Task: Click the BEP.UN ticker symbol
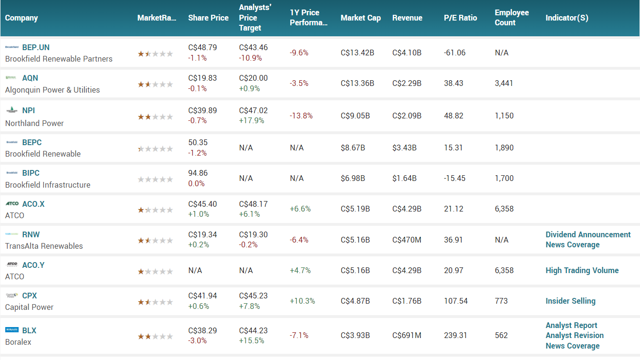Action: (x=36, y=47)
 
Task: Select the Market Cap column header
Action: (x=360, y=18)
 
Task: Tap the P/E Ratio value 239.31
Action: (x=455, y=335)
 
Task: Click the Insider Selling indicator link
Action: (x=570, y=301)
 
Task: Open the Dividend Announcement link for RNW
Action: (x=588, y=234)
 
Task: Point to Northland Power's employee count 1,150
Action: (x=504, y=116)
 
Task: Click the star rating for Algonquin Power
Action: (x=155, y=85)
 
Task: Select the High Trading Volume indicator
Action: (x=582, y=270)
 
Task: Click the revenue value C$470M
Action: (x=407, y=240)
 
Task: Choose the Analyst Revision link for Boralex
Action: (x=575, y=335)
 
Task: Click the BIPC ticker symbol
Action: (x=31, y=173)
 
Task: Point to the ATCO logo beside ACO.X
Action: (x=12, y=204)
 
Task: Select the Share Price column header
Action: (x=208, y=18)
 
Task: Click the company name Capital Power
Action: (x=29, y=307)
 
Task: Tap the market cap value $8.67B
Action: (x=353, y=148)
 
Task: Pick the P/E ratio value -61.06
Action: (x=454, y=53)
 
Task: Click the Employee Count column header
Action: (x=512, y=18)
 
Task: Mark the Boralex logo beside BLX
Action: (x=12, y=330)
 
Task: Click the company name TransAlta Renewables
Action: (x=44, y=246)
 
